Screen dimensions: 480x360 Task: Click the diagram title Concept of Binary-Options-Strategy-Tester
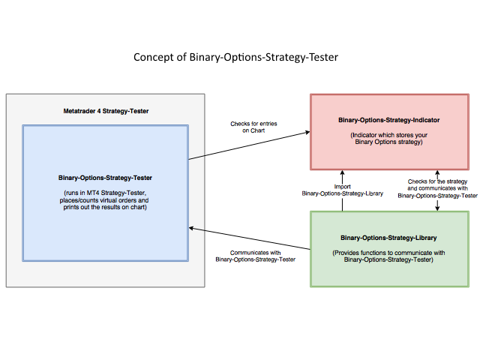tap(235, 57)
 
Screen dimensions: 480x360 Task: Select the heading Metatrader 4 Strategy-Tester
tap(106, 111)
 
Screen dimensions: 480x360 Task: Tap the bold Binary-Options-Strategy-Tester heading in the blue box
tap(105, 178)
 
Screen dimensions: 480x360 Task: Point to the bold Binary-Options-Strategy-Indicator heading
tap(388, 120)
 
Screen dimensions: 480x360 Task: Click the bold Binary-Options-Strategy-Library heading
tap(388, 238)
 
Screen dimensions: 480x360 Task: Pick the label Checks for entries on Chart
tap(253, 127)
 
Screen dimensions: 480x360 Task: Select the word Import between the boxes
tap(342, 187)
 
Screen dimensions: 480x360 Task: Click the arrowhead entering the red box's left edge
tap(307, 132)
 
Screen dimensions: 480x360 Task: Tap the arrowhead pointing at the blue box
tap(191, 228)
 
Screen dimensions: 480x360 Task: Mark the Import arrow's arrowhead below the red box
tap(342, 172)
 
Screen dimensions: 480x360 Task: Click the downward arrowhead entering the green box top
tap(437, 208)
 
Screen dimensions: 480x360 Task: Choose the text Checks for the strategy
tap(437, 181)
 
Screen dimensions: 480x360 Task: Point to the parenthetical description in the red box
tap(388, 138)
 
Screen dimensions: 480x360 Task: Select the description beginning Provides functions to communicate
tap(388, 256)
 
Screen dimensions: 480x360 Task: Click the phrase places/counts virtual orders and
tap(104, 200)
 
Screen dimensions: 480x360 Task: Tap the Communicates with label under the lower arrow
tap(255, 253)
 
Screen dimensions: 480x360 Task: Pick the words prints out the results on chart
tap(105, 207)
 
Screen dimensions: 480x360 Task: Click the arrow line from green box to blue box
tap(250, 238)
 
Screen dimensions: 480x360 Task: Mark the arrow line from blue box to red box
tap(249, 145)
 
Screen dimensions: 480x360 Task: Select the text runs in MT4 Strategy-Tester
tap(105, 193)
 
